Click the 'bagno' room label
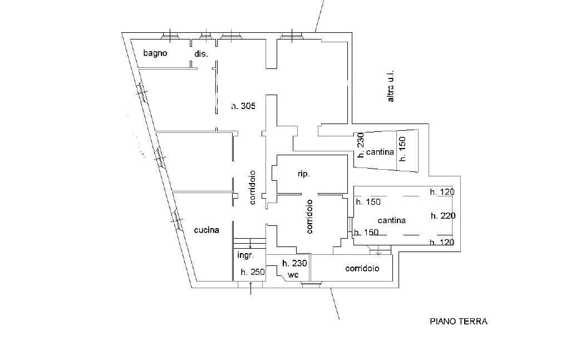point(155,53)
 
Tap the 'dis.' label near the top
point(201,54)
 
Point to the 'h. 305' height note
point(243,106)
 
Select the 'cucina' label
point(207,230)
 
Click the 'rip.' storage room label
point(304,174)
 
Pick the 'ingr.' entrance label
point(245,255)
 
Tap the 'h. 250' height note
point(253,272)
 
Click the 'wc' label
point(294,275)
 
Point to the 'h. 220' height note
point(443,216)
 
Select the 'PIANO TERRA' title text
point(459,321)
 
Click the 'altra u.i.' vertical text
point(391,86)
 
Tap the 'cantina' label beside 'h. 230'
point(380,152)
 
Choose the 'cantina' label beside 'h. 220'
point(391,220)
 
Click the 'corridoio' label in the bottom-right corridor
point(362,268)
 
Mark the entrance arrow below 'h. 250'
point(250,288)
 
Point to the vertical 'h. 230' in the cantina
point(360,145)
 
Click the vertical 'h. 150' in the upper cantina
point(402,149)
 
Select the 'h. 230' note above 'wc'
point(294,263)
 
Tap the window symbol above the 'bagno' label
point(170,36)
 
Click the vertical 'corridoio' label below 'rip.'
point(309,217)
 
